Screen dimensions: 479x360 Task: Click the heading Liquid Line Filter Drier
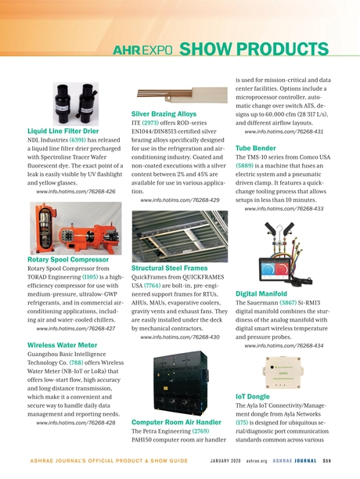[x=63, y=131]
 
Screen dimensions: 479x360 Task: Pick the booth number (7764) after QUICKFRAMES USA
[x=154, y=288]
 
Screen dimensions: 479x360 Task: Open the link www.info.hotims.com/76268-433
[x=285, y=209]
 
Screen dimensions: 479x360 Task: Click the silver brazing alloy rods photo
[x=180, y=92]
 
